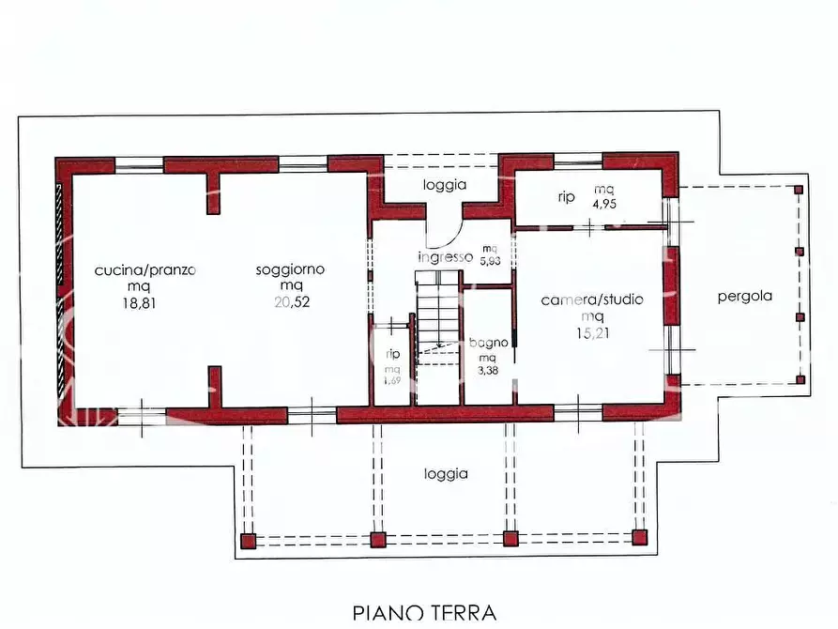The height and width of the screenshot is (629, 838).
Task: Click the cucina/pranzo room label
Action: (145, 270)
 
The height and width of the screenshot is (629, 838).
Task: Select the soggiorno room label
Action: (290, 269)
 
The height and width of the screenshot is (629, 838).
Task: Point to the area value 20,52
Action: (290, 302)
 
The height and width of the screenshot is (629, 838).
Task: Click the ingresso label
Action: (445, 256)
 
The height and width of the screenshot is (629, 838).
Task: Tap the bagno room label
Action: (488, 343)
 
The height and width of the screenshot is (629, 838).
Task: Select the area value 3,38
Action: (488, 372)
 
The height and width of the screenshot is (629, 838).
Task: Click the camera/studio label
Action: (592, 300)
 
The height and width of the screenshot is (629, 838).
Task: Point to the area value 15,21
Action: (592, 332)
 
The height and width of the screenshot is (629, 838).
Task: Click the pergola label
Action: (745, 296)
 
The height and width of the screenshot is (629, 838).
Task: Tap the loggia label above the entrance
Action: (444, 185)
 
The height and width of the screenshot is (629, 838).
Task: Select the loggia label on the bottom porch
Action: (445, 474)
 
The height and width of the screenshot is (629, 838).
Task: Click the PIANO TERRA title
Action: (424, 613)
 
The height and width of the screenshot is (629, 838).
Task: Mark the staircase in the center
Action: (436, 319)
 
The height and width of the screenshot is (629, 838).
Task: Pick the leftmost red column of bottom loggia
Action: (247, 541)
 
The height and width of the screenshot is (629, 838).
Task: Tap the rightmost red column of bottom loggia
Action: (640, 538)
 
